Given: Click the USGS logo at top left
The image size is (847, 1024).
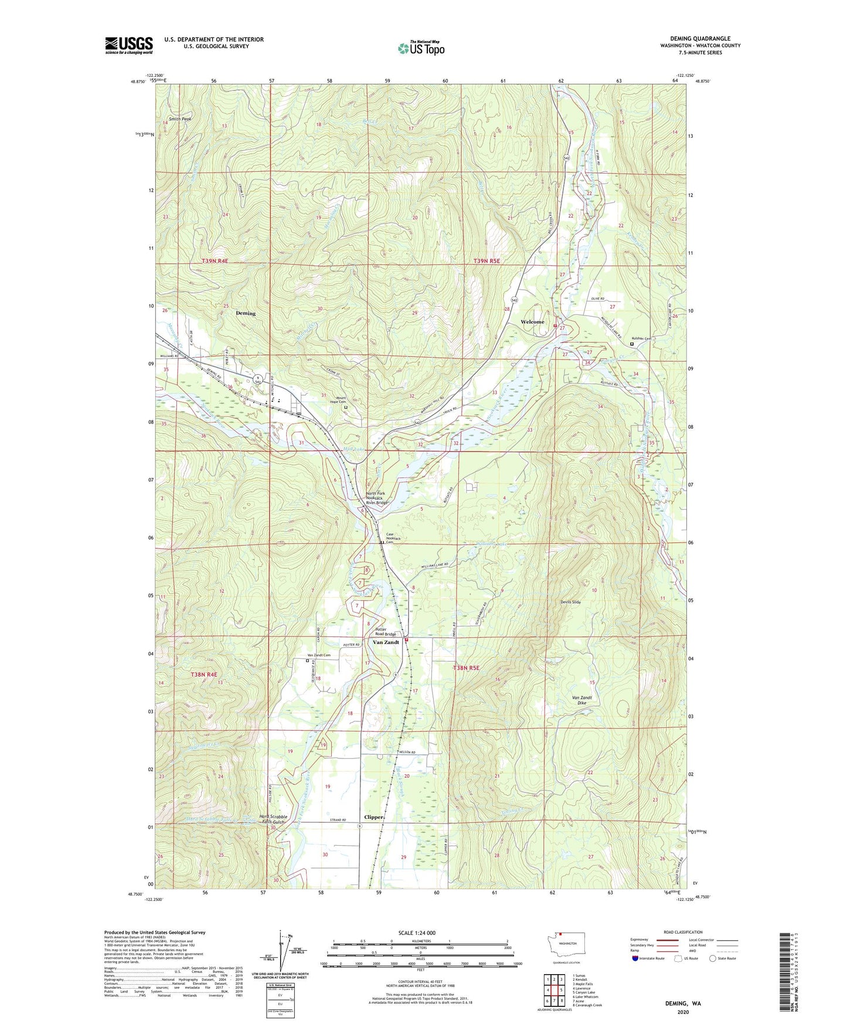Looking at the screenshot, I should (x=129, y=45).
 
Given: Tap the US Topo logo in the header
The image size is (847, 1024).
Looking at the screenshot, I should (x=421, y=48).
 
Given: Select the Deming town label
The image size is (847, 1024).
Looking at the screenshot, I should (x=246, y=313).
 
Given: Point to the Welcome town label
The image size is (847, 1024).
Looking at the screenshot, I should (x=532, y=322).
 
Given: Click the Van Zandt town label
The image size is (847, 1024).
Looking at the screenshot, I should (x=386, y=642).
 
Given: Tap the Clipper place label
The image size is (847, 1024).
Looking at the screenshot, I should (x=374, y=817).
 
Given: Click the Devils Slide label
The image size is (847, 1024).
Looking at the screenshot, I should (x=570, y=602).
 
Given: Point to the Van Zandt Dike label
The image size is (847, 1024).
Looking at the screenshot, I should (x=581, y=700).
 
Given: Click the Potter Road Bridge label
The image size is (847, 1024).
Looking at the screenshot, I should (x=386, y=632).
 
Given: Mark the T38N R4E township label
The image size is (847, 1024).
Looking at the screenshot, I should (x=204, y=675).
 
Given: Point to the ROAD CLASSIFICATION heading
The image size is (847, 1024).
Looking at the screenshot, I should (x=683, y=932).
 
